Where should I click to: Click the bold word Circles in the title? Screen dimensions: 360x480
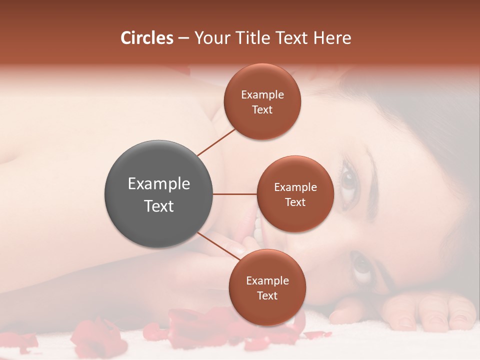click(146, 38)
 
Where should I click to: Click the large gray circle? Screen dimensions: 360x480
click(158, 194)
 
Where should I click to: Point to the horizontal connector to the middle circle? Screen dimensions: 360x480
click(235, 194)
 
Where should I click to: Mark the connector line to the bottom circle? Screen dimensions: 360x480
click(218, 246)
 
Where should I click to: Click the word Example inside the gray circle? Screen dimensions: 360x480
click(159, 183)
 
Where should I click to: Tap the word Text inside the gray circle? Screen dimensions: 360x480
click(159, 206)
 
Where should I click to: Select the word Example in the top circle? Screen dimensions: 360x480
click(262, 94)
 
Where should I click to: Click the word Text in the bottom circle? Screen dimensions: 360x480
click(267, 295)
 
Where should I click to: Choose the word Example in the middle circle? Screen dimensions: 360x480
click(295, 187)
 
